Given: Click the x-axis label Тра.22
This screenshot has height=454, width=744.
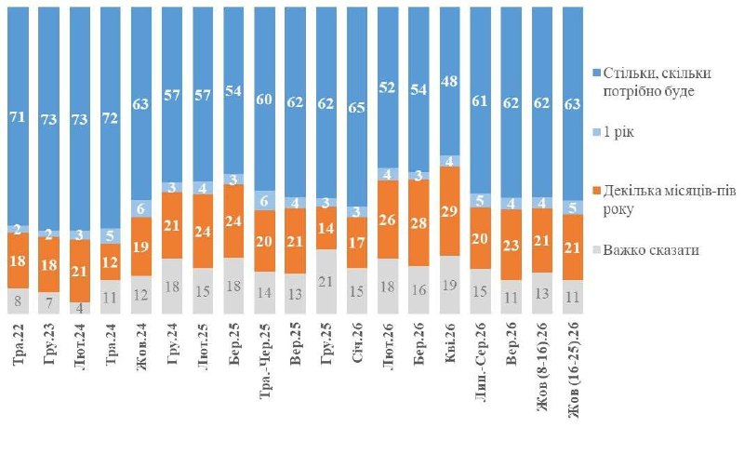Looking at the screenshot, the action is pyautogui.click(x=19, y=344).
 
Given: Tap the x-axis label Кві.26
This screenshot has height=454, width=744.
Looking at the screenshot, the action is pyautogui.click(x=450, y=343).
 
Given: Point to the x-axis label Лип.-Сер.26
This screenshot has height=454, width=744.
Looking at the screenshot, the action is pyautogui.click(x=481, y=362).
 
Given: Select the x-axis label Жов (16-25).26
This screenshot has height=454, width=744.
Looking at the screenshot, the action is pyautogui.click(x=573, y=370).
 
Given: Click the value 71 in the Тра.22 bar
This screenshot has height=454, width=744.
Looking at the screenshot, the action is pyautogui.click(x=18, y=116).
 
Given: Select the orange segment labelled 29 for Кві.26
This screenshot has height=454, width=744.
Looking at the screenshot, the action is pyautogui.click(x=450, y=211).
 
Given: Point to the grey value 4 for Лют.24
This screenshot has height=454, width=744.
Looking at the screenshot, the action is pyautogui.click(x=80, y=308).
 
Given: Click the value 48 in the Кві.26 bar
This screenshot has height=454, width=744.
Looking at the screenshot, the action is pyautogui.click(x=450, y=81).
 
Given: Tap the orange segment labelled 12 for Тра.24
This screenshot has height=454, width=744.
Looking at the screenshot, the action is pyautogui.click(x=111, y=261).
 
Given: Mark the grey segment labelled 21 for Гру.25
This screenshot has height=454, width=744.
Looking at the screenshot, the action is pyautogui.click(x=326, y=282).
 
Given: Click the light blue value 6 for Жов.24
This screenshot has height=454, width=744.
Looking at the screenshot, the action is pyautogui.click(x=141, y=208).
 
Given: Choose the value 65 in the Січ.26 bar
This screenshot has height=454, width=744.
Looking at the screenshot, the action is pyautogui.click(x=357, y=107).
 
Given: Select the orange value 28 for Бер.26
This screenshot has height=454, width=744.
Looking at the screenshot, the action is pyautogui.click(x=419, y=222).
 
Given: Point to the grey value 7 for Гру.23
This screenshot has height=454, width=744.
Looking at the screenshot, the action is pyautogui.click(x=49, y=303).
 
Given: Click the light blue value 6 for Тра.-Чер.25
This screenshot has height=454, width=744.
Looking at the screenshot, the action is pyautogui.click(x=265, y=201).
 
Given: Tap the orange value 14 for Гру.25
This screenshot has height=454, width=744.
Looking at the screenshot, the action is pyautogui.click(x=326, y=228).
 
